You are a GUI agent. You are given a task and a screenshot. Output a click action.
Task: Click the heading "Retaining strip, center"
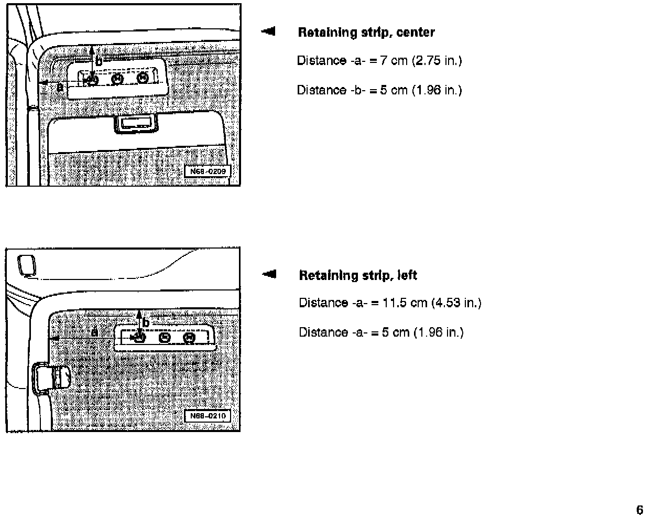pos(366,33)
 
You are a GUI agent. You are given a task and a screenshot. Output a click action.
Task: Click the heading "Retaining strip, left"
pos(358,275)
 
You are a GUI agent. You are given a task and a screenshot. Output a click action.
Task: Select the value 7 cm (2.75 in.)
pos(421,61)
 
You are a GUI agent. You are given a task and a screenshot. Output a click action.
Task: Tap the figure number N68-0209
pos(208,171)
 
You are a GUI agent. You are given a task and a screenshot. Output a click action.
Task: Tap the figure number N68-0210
pos(208,416)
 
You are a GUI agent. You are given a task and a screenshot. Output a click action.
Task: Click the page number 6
pos(639,510)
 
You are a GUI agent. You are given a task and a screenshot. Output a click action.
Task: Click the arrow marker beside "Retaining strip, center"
pos(268,31)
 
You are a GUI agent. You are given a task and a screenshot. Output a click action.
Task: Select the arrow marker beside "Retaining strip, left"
pos(269,274)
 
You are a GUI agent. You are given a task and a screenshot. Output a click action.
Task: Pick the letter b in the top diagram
pos(99,61)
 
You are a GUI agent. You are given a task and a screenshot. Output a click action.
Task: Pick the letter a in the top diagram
pos(60,87)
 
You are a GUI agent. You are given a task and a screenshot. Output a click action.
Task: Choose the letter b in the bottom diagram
pos(146,323)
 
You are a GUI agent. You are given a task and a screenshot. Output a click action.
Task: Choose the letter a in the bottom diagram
pos(95,332)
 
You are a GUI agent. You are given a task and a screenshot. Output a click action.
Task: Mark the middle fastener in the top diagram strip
pos(117,79)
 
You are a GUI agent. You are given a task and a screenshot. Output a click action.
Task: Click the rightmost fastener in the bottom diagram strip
pos(190,338)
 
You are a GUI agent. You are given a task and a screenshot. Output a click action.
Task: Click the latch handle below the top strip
pos(135,124)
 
